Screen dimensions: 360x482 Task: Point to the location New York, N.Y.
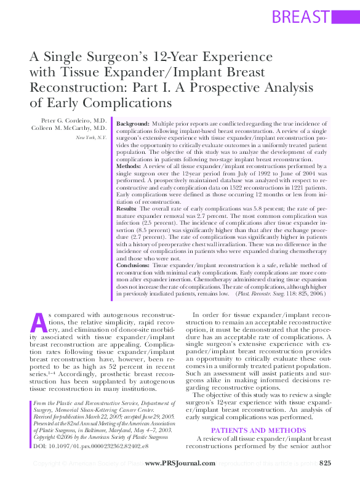91,137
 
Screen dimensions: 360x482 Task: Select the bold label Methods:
129,166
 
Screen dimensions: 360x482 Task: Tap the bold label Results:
127,209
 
